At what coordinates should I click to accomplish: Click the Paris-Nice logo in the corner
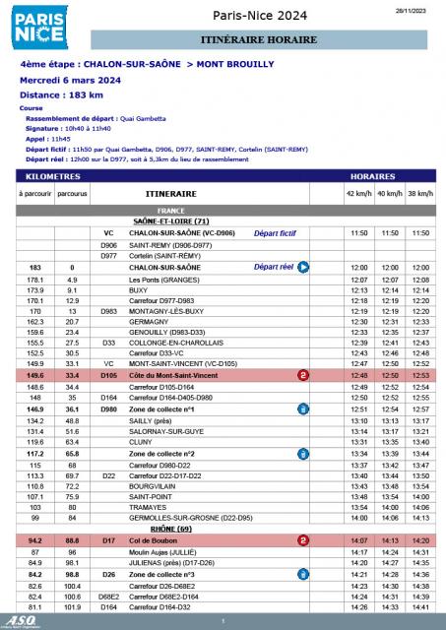click(38, 27)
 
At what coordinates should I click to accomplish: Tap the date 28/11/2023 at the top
click(413, 8)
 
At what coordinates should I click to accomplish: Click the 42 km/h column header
click(357, 194)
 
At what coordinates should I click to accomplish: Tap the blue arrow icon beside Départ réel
click(304, 268)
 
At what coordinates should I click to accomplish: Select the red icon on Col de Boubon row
click(303, 540)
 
